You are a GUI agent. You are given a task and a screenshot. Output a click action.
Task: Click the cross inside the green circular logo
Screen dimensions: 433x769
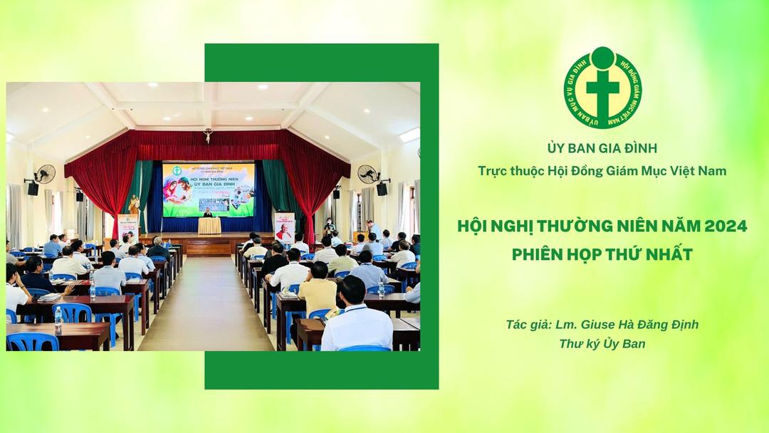[x=603, y=90]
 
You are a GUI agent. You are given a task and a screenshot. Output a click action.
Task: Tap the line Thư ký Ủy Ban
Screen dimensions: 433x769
[x=602, y=344]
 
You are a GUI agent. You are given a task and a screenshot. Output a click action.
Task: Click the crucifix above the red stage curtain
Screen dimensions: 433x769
[x=208, y=135]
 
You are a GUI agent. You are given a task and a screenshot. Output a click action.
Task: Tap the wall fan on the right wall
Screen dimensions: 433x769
[x=367, y=174]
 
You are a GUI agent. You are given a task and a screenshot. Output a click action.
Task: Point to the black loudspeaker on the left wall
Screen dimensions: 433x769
[x=33, y=189]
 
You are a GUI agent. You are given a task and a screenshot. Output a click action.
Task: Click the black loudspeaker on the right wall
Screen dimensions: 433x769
[x=382, y=189]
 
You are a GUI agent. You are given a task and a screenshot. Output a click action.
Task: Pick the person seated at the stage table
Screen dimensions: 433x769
[x=208, y=213]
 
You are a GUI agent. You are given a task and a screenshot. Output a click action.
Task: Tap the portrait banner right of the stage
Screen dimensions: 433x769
[x=284, y=227]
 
